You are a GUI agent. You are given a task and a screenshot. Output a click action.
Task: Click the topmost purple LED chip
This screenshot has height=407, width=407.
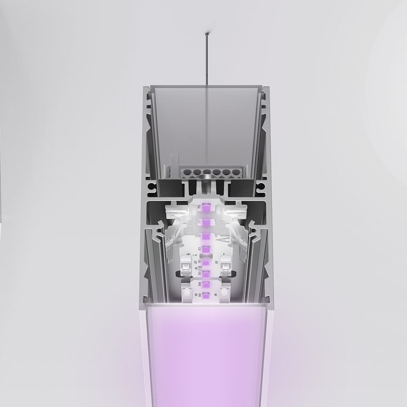tap(206, 208)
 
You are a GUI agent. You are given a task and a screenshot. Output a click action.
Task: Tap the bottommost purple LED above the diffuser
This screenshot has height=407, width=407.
tap(206, 296)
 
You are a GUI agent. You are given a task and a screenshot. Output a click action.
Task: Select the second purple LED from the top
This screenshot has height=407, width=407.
tap(206, 223)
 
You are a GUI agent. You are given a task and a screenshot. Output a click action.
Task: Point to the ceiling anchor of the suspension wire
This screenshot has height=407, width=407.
tap(206, 33)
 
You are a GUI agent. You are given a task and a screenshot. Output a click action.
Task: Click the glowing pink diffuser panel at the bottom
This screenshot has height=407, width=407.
tap(207, 356)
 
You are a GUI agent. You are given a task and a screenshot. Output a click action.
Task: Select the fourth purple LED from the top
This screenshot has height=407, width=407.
tap(206, 249)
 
